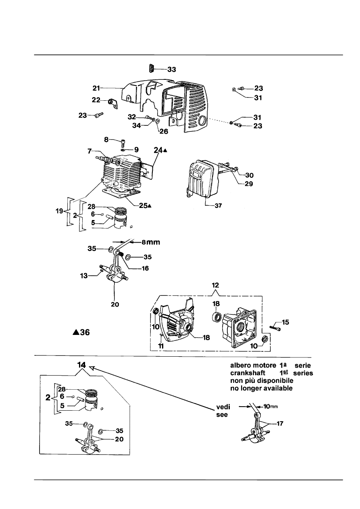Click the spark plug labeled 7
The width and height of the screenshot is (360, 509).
pyautogui.click(x=101, y=158)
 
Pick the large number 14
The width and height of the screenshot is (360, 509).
pyautogui.click(x=81, y=365)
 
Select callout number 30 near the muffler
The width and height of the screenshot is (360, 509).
pyautogui.click(x=250, y=175)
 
